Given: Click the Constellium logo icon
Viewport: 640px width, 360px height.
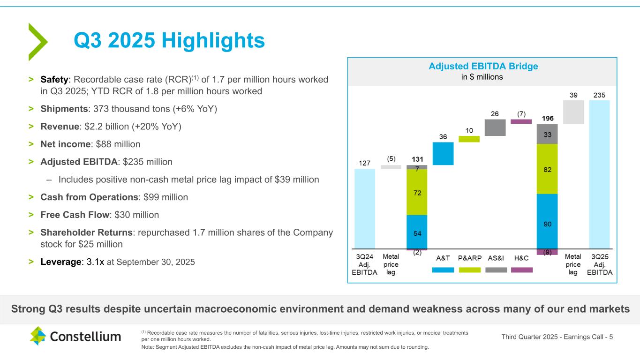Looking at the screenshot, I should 38,336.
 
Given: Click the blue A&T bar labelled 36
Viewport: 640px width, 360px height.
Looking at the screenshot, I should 443,153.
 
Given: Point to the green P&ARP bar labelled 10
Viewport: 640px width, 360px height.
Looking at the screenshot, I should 469,139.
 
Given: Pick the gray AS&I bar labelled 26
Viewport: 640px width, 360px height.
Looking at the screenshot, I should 495,127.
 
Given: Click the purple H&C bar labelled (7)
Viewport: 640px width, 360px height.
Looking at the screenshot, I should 521,121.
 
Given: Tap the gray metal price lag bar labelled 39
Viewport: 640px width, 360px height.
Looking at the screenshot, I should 573,112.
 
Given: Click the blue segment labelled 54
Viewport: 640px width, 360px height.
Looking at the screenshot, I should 417,232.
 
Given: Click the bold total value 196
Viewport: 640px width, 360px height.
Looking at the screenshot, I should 547,117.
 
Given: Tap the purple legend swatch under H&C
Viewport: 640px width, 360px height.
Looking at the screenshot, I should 522,270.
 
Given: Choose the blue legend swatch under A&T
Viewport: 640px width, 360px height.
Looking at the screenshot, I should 443,270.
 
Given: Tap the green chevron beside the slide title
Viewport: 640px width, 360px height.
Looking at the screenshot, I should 38,42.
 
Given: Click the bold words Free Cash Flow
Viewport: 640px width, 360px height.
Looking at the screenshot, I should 75,215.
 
